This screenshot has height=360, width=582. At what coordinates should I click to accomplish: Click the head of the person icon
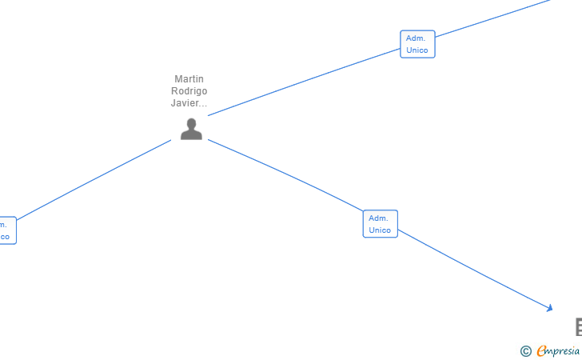click(191, 123)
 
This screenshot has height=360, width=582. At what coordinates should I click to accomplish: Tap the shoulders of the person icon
click(191, 134)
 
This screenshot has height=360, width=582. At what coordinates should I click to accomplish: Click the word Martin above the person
click(189, 79)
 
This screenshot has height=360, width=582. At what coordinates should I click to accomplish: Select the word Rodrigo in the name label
click(189, 91)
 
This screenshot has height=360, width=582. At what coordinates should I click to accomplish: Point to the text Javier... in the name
click(189, 103)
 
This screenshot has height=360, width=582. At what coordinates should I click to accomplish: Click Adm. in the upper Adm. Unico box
click(416, 38)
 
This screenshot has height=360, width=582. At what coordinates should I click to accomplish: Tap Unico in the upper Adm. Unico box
click(417, 50)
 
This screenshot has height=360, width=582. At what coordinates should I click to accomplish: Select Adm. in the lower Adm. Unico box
click(378, 218)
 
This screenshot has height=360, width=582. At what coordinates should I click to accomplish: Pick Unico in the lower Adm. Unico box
click(380, 230)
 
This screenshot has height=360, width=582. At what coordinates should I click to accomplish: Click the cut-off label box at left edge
click(6, 230)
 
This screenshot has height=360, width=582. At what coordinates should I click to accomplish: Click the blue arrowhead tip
click(550, 308)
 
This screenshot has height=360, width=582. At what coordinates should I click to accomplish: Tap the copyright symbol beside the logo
click(525, 350)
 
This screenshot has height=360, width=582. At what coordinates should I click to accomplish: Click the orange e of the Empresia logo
click(542, 350)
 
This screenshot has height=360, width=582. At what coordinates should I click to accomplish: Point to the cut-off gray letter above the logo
click(578, 326)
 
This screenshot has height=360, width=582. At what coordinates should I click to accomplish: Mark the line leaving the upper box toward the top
click(492, 18)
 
